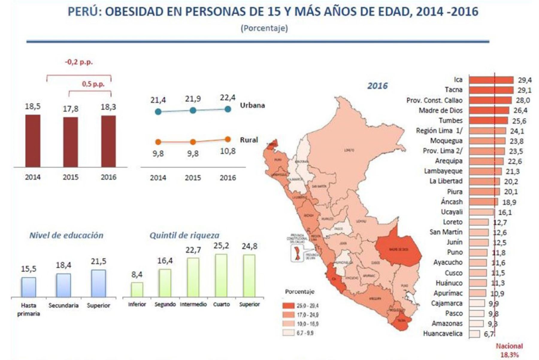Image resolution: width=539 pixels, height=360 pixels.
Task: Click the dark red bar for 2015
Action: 70,142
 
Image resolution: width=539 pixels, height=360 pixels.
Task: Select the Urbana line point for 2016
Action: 228,109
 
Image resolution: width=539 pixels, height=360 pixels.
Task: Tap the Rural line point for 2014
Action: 158,142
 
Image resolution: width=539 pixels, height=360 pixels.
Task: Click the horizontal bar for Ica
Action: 491,80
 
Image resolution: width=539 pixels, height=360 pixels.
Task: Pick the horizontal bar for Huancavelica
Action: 474,334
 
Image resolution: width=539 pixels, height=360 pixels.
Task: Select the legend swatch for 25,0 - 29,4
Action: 288,306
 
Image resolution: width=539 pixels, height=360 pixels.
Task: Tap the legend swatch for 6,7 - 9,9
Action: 288,333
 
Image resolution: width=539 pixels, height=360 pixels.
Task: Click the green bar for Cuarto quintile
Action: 221,275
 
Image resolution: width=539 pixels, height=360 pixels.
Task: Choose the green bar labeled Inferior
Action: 137,289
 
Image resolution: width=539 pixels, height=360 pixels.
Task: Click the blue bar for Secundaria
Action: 63,285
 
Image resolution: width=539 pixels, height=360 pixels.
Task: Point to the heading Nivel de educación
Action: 66,235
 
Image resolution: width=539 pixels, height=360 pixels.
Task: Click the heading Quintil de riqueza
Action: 184,235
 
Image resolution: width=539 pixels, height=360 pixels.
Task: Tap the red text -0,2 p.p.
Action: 79,62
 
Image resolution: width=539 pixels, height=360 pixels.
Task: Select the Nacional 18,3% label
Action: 509,350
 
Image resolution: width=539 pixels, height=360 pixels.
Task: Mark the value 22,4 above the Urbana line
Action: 228,98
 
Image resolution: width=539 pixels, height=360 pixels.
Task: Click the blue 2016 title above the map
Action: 377,86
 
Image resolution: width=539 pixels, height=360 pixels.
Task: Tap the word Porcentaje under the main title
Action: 264,28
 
